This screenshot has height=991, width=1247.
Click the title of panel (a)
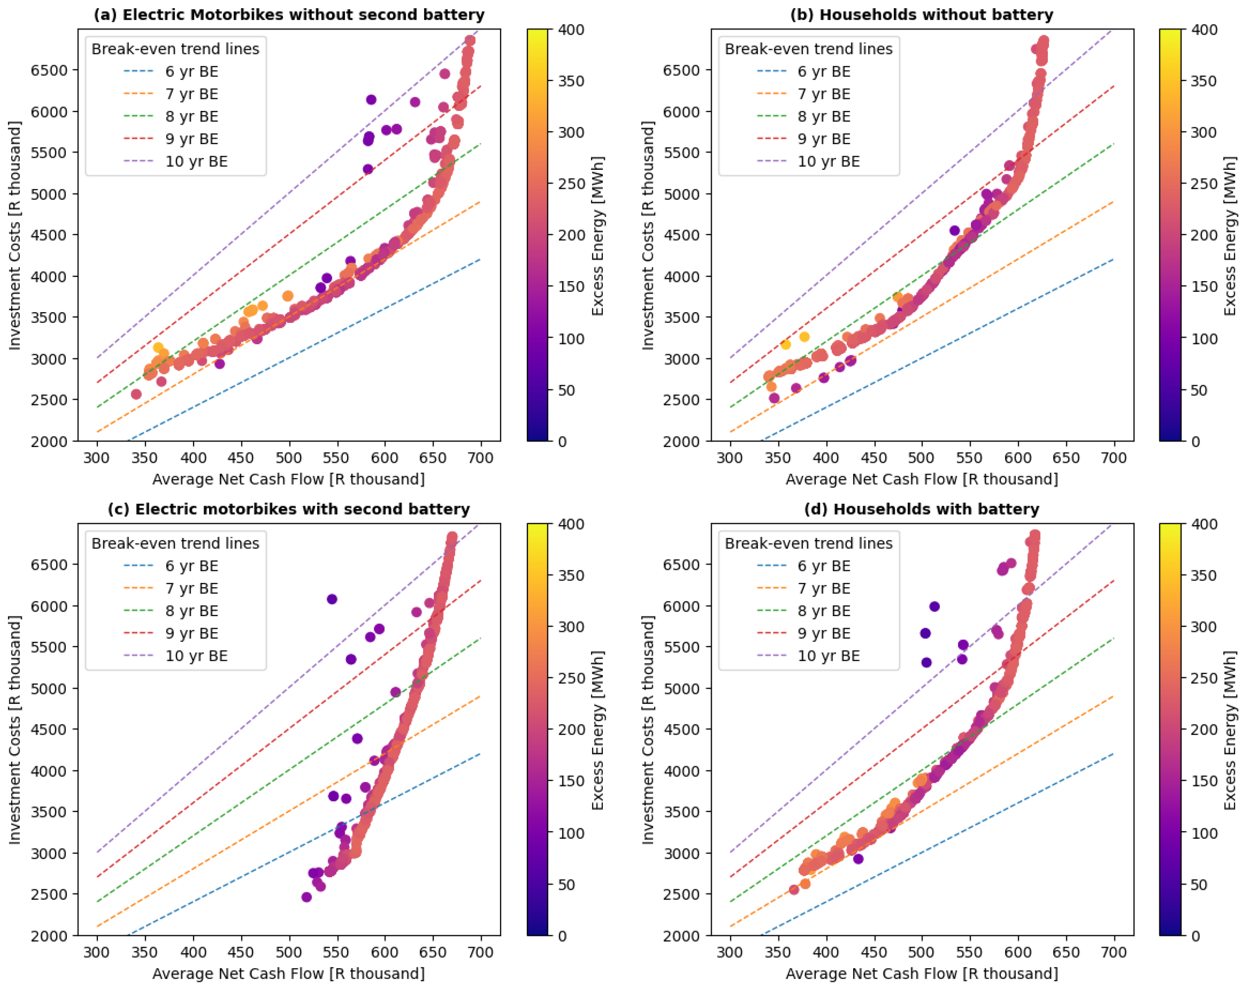tap(289, 15)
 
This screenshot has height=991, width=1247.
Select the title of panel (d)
tap(921, 509)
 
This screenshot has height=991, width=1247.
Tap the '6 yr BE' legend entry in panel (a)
tap(192, 72)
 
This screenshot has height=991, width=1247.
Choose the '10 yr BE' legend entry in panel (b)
tap(828, 161)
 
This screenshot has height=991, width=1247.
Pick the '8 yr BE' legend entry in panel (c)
tap(192, 611)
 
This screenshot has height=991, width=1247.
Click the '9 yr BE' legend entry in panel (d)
tap(823, 633)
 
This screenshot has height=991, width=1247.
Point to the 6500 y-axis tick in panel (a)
tap(49, 70)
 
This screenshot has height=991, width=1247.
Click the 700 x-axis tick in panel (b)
tap(1113, 457)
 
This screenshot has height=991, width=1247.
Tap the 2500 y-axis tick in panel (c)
tap(49, 894)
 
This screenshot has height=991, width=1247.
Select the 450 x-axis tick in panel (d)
tap(874, 952)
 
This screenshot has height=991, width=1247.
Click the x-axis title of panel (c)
tap(288, 974)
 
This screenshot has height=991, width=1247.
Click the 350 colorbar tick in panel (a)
tap(571, 81)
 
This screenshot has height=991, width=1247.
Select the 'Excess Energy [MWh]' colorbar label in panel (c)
tap(598, 730)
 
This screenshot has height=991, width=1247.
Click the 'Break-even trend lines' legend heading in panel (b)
tap(808, 49)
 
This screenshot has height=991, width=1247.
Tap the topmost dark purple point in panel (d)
tap(934, 606)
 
